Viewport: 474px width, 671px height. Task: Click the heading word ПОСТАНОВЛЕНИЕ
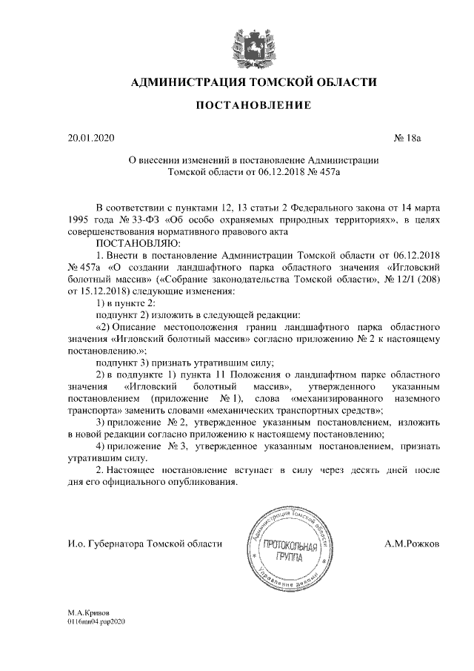(253, 107)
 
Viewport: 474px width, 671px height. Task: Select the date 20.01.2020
(88, 139)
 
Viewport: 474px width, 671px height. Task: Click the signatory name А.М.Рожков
(412, 545)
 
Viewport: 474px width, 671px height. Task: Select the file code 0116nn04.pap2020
(96, 624)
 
